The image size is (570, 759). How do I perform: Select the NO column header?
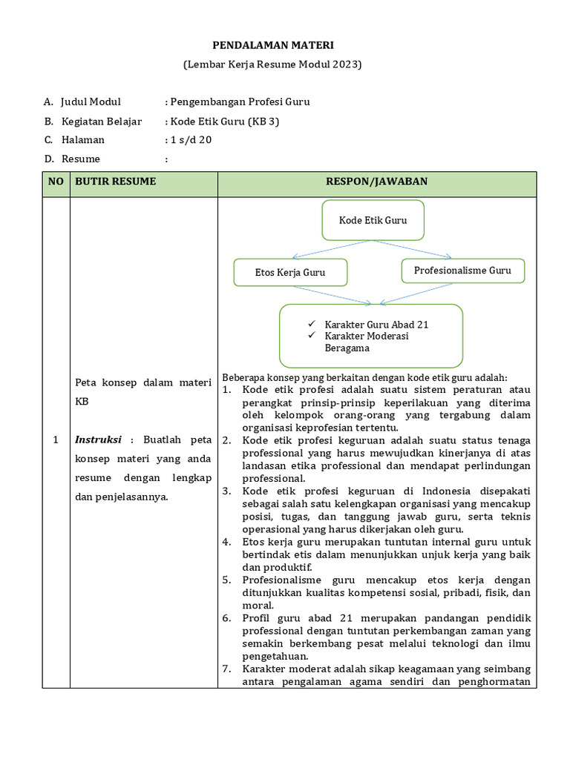56,182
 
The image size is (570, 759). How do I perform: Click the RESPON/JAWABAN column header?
376,182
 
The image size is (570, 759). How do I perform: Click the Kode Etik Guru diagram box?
373,220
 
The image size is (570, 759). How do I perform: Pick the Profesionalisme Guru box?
462,271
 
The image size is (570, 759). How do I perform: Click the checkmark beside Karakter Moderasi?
312,336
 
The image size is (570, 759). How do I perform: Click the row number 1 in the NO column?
56,440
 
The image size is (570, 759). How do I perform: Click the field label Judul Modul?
91,102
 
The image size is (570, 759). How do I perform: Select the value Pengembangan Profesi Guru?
240,102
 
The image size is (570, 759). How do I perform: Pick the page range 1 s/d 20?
191,140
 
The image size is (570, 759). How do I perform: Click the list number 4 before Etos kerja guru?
226,542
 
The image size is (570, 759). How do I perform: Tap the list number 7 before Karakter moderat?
226,669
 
